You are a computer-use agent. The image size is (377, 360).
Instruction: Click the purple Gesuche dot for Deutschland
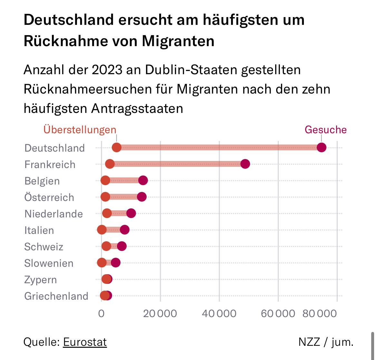322,147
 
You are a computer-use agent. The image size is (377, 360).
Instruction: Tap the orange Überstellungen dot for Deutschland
117,147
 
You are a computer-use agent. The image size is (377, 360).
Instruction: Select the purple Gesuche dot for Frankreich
245,164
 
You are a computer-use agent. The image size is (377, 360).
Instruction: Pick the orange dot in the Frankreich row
110,164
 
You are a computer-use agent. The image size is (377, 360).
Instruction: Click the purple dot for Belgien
143,180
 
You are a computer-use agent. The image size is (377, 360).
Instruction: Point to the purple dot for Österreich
141,197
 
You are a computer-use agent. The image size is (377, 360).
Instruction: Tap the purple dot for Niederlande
131,213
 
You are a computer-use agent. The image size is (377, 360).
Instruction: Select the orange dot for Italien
102,230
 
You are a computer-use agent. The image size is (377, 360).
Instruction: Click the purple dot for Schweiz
122,246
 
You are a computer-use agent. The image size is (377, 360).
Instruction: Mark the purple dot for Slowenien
116,263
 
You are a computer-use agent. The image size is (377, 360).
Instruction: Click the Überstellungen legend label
80,130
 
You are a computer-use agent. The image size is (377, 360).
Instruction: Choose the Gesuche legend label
325,130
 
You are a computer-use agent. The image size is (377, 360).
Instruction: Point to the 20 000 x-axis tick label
160,314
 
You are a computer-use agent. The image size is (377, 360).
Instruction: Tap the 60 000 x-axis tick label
278,314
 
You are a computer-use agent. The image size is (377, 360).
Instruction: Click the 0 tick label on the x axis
101,314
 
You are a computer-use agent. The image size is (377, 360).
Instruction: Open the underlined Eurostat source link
85,342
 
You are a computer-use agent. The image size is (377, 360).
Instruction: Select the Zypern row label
41,280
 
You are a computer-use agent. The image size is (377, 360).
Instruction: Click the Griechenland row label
56,296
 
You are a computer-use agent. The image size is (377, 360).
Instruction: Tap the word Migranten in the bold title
178,41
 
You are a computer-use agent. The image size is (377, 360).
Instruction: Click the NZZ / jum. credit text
326,342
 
